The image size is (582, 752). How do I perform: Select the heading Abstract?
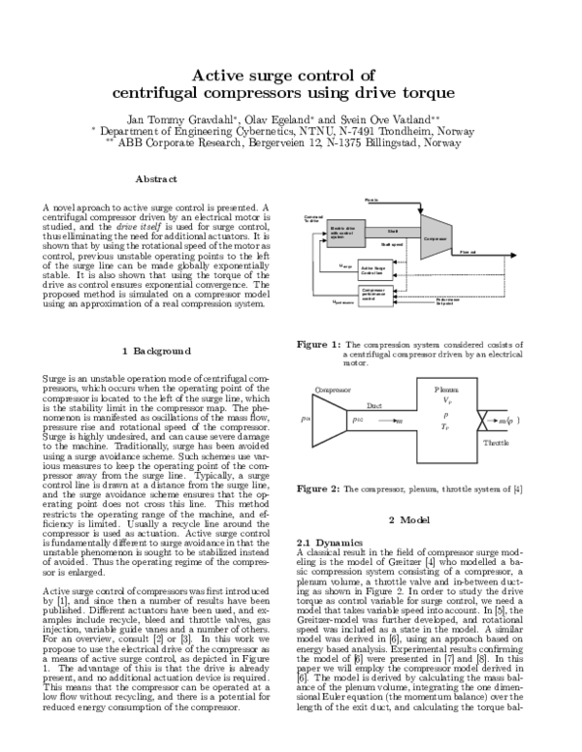click(155, 179)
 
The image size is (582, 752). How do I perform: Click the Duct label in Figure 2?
click(375, 408)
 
